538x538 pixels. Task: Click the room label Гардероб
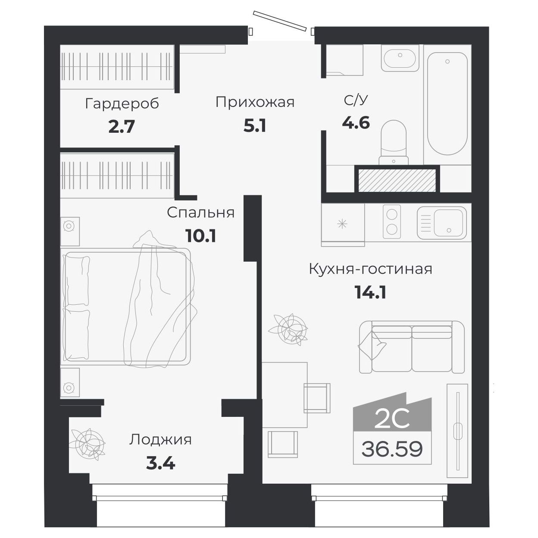(122, 104)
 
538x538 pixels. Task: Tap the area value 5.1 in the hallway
(255, 126)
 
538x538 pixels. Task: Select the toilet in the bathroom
(393, 142)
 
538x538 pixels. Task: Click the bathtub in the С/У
(447, 103)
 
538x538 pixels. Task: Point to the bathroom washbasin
(400, 58)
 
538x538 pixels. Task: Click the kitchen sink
(442, 222)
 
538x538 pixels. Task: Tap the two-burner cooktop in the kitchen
(392, 222)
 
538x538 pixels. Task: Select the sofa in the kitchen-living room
(412, 347)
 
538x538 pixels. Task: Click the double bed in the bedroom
(126, 307)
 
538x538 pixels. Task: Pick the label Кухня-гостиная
(370, 269)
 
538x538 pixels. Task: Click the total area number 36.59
(392, 449)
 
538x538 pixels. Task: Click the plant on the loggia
(88, 443)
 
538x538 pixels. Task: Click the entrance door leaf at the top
(279, 21)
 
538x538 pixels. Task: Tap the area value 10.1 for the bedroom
(200, 236)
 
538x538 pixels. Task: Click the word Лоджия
(160, 440)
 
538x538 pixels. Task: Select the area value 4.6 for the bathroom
(356, 123)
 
